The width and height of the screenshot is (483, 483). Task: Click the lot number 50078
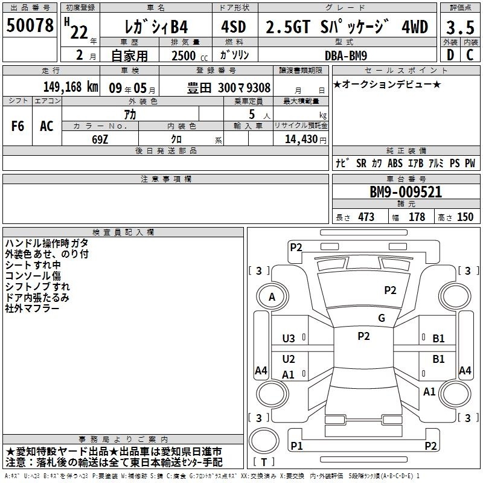pos(30,25)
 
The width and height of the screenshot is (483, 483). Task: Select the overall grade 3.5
pos(460,27)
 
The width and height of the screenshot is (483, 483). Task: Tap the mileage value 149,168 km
pos(71,87)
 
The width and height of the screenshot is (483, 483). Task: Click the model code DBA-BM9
pos(346,56)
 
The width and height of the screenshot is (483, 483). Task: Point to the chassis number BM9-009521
pos(406,192)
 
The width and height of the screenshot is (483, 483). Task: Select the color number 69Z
pos(100,139)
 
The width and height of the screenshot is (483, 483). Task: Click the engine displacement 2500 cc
pos(190,56)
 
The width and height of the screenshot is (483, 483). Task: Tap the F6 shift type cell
pos(18,126)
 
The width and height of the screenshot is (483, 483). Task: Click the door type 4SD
pos(234,27)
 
